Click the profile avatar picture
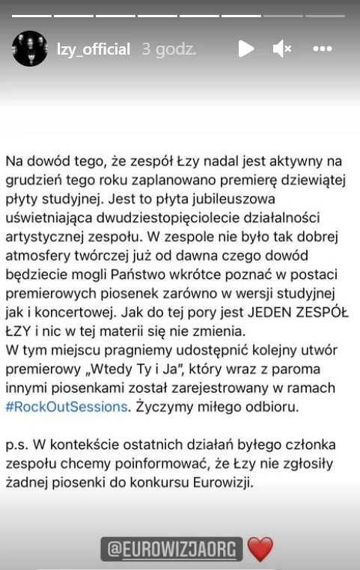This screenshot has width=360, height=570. (x=30, y=49)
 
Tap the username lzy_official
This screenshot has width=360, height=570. (x=94, y=49)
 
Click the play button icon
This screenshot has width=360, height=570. (x=245, y=49)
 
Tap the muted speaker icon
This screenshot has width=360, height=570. (x=282, y=49)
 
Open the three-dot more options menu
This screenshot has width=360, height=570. (x=323, y=49)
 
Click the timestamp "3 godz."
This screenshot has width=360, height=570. (x=169, y=49)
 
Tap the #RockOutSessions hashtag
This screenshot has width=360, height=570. (x=67, y=407)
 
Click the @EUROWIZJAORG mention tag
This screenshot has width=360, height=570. (x=172, y=550)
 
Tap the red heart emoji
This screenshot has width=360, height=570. (x=260, y=550)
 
